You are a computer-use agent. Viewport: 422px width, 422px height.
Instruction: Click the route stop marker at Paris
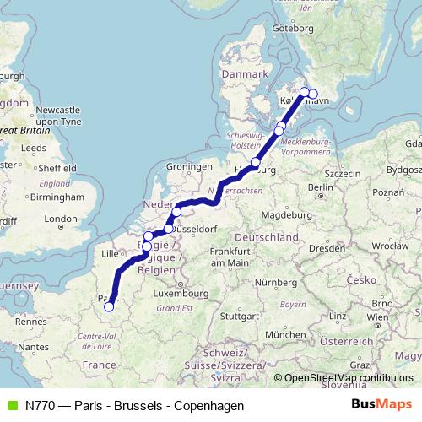click(x=109, y=306)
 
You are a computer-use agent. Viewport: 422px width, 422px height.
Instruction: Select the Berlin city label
click(x=319, y=187)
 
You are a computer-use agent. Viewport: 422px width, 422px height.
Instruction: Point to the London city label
click(x=60, y=219)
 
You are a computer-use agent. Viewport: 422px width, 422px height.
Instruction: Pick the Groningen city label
click(x=187, y=167)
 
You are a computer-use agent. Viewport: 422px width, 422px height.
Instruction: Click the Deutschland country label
click(x=267, y=239)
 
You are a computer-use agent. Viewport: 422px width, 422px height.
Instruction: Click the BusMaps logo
click(x=382, y=405)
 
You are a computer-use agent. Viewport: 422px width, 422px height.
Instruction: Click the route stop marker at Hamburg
click(x=255, y=162)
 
